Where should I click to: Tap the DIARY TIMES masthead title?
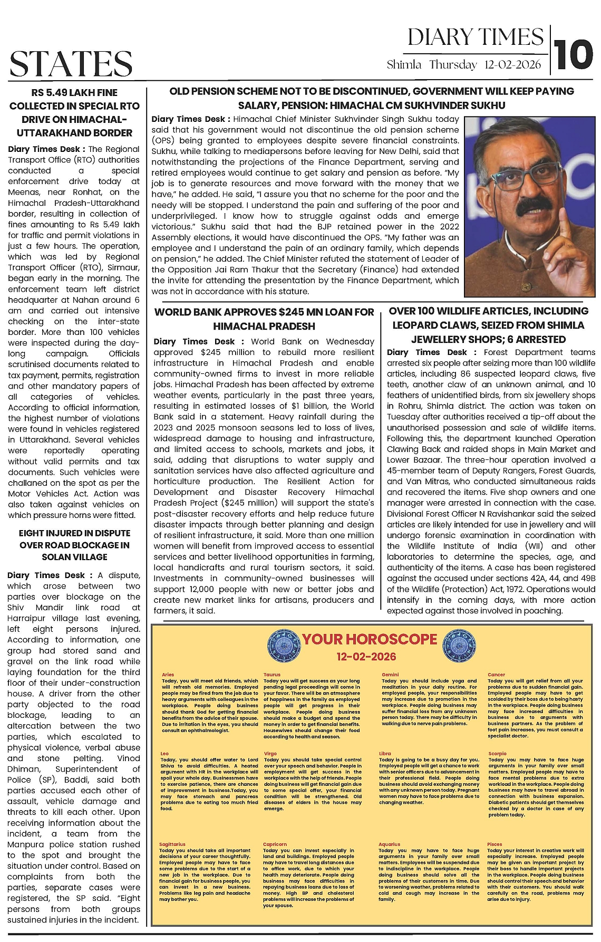click(x=475, y=37)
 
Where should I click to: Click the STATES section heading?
click(x=71, y=63)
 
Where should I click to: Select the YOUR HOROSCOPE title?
click(x=370, y=639)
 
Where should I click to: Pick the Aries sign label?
click(x=168, y=675)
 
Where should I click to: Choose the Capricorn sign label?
click(x=275, y=844)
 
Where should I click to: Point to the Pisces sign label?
click(x=495, y=844)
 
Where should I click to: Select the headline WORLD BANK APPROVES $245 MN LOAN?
click(x=264, y=319)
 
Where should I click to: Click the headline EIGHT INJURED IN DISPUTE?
click(x=74, y=545)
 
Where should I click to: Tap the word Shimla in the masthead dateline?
click(x=404, y=65)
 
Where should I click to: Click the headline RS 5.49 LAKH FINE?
click(x=74, y=112)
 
